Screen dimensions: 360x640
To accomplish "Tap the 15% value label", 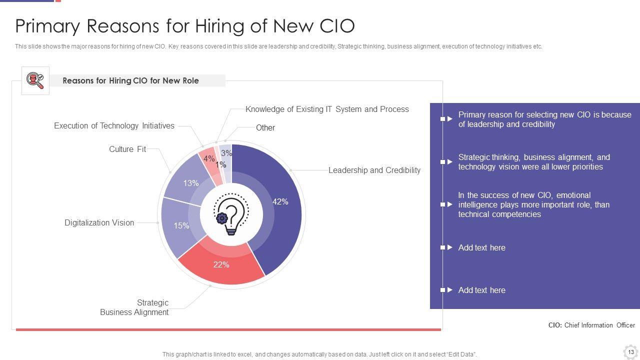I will click(x=181, y=226).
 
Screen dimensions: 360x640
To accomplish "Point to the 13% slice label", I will click(x=190, y=183).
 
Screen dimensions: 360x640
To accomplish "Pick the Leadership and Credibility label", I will click(x=374, y=170).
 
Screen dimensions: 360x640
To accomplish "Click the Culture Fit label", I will click(x=127, y=149).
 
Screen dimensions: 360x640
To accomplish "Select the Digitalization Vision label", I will click(x=99, y=223).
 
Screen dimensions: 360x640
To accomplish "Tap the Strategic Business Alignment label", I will click(x=134, y=307).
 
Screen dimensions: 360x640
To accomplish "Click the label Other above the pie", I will click(x=265, y=128).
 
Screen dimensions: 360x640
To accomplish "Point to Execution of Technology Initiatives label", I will click(x=114, y=126).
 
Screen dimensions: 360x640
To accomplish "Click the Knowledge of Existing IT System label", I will click(x=327, y=109).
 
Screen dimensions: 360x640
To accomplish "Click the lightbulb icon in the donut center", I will click(x=231, y=215).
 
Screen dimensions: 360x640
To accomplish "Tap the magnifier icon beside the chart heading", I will click(x=35, y=80).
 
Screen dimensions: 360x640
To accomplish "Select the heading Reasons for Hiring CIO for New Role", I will click(x=130, y=80).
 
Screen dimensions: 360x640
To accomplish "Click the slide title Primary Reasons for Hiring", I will click(x=185, y=25).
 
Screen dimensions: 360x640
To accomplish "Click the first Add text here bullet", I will click(x=481, y=248).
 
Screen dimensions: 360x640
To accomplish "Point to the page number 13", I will click(x=631, y=352).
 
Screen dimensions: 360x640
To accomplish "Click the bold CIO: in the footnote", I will click(x=555, y=325).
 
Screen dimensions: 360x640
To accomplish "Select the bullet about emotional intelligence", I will click(x=533, y=205).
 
